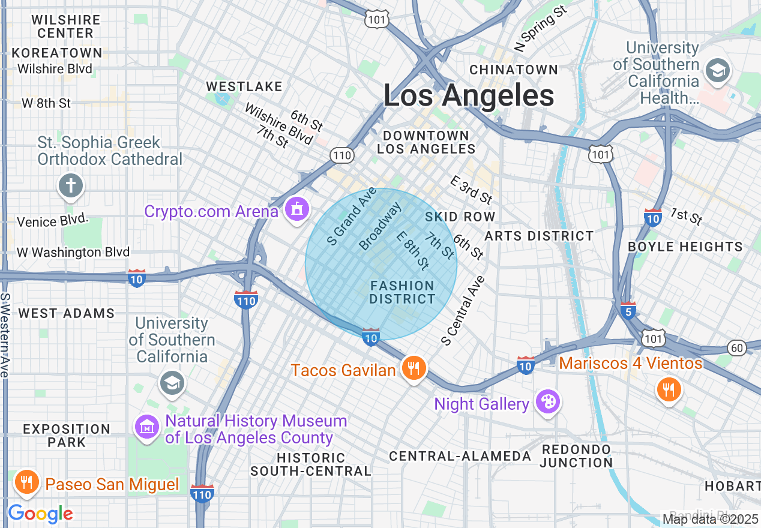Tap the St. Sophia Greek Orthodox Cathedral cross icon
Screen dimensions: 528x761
pyautogui.click(x=71, y=186)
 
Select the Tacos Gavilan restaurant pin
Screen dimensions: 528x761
pyautogui.click(x=414, y=368)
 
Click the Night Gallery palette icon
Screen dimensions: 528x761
pyautogui.click(x=547, y=401)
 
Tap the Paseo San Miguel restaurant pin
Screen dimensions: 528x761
pyautogui.click(x=26, y=482)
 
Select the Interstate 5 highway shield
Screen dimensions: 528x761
pyautogui.click(x=628, y=311)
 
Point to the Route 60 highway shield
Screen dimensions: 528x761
pyautogui.click(x=737, y=347)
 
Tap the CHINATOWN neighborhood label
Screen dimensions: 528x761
pyautogui.click(x=514, y=70)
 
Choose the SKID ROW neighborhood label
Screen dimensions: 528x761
pyautogui.click(x=460, y=217)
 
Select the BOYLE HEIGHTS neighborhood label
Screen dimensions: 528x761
pyautogui.click(x=685, y=247)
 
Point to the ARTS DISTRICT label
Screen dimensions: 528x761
pyautogui.click(x=539, y=236)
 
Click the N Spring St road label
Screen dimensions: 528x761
pyautogui.click(x=541, y=29)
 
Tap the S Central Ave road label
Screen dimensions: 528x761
pyautogui.click(x=463, y=311)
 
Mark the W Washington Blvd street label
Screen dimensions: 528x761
pyautogui.click(x=73, y=252)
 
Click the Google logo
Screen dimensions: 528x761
pyautogui.click(x=40, y=514)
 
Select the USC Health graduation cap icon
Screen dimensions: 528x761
pyautogui.click(x=717, y=71)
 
